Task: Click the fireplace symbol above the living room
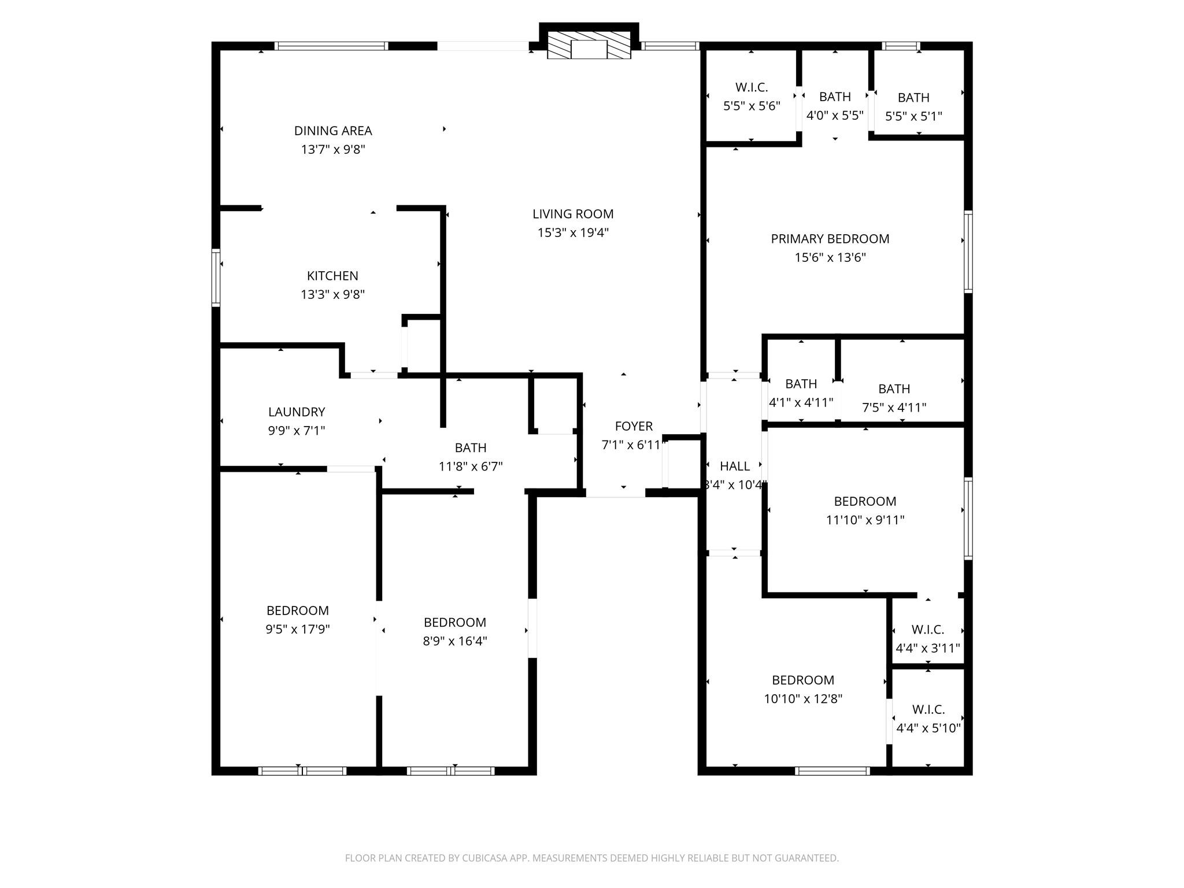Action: pyautogui.click(x=589, y=45)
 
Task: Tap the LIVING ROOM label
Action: pyautogui.click(x=573, y=214)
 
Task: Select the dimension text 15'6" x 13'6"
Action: pyautogui.click(x=830, y=258)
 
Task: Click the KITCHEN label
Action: pyautogui.click(x=332, y=276)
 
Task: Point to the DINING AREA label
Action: pyautogui.click(x=333, y=131)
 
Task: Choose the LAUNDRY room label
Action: pyautogui.click(x=297, y=412)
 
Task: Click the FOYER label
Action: pyautogui.click(x=634, y=427)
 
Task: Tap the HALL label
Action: pyautogui.click(x=735, y=467)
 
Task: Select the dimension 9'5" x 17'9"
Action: pyautogui.click(x=298, y=630)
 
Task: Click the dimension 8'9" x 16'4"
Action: pyautogui.click(x=455, y=641)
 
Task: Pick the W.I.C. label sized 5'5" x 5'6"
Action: pyautogui.click(x=752, y=88)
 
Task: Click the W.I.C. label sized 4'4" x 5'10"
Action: pyautogui.click(x=928, y=709)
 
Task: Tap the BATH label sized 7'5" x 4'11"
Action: pyautogui.click(x=894, y=389)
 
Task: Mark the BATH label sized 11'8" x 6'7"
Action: pyautogui.click(x=471, y=448)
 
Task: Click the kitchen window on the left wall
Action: pyautogui.click(x=216, y=277)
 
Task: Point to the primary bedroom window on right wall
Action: pyautogui.click(x=968, y=251)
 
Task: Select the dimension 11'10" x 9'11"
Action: pyautogui.click(x=865, y=520)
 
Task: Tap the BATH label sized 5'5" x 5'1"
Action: pyautogui.click(x=913, y=98)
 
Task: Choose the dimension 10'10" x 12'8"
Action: pyautogui.click(x=803, y=699)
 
